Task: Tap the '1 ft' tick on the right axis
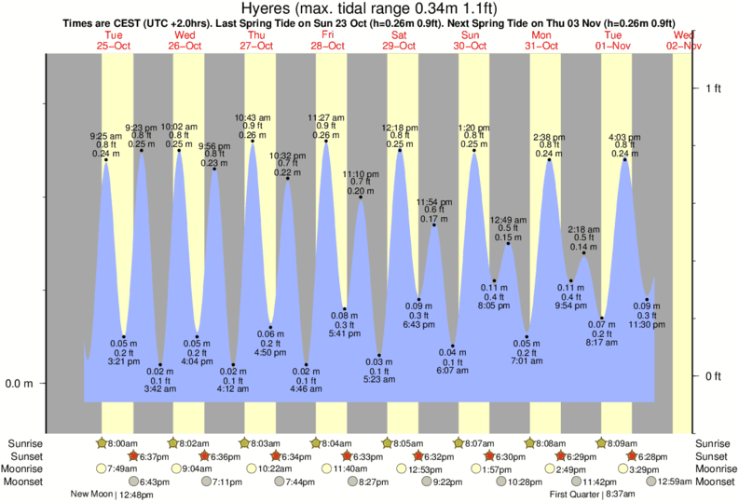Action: (x=713, y=88)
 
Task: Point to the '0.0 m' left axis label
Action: (x=20, y=384)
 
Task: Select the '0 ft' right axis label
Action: (x=713, y=376)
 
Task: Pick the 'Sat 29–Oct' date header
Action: (x=399, y=39)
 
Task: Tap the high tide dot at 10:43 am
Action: (x=253, y=142)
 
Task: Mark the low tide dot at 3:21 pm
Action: (x=124, y=336)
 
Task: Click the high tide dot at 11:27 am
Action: (x=325, y=142)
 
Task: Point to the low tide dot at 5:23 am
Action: (x=379, y=355)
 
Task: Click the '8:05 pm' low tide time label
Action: (x=494, y=305)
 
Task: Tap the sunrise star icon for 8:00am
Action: (x=102, y=443)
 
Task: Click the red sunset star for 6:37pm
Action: (x=133, y=456)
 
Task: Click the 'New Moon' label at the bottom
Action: (x=91, y=495)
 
